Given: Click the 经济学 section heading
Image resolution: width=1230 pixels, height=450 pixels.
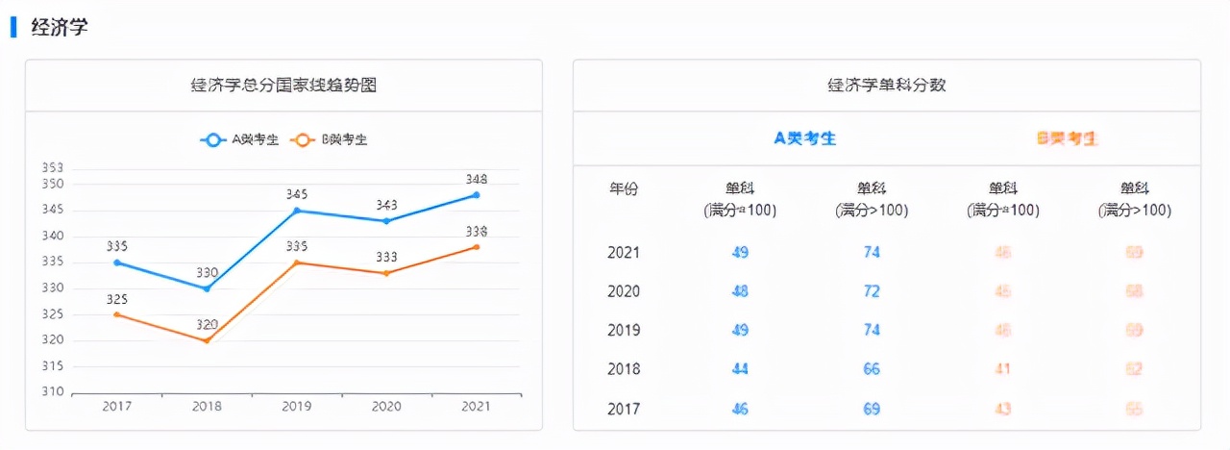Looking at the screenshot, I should (60, 27).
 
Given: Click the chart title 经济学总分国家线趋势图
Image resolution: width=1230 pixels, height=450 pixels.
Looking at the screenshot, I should (283, 86).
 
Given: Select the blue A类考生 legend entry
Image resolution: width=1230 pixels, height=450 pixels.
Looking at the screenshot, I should (240, 139).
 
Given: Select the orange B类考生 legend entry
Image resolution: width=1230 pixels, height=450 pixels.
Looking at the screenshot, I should (331, 139).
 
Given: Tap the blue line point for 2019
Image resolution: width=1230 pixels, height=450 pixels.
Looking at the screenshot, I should (297, 211).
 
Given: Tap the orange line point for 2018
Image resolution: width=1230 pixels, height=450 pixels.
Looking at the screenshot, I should (207, 340).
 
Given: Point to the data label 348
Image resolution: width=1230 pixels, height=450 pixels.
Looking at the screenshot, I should (477, 179).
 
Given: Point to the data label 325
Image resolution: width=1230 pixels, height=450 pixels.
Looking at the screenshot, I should (116, 299).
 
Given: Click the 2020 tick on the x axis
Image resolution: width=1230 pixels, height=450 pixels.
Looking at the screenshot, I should (386, 407).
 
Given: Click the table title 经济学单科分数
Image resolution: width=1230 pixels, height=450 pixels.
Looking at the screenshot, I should (886, 86).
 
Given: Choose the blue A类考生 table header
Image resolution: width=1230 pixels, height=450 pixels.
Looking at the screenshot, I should (805, 138).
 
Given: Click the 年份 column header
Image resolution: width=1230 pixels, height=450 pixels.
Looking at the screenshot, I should (624, 188).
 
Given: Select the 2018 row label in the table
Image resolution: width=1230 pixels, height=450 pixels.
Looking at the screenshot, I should (624, 369).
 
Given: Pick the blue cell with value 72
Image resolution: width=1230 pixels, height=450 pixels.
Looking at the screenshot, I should (872, 291).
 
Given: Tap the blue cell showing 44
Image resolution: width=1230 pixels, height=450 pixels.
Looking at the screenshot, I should (740, 369).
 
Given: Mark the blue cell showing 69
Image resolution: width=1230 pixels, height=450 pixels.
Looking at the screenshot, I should (872, 409).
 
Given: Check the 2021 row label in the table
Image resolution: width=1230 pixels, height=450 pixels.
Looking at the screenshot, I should (624, 253).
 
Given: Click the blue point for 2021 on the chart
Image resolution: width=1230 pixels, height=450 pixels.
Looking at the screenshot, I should (477, 195).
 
